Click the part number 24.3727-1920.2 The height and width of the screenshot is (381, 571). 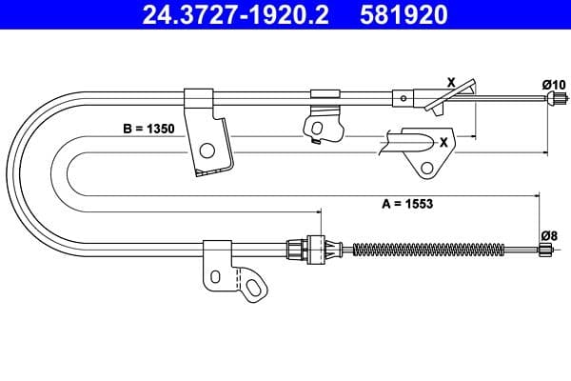pyautogui.click(x=236, y=14)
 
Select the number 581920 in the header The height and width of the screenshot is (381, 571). pyautogui.click(x=404, y=14)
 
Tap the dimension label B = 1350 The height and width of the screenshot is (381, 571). pyautogui.click(x=149, y=129)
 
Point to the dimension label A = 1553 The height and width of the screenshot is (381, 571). pyautogui.click(x=407, y=204)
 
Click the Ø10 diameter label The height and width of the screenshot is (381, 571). pyautogui.click(x=554, y=85)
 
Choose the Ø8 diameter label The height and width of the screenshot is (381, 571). pyautogui.click(x=549, y=236)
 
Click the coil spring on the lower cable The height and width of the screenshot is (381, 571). pyautogui.click(x=429, y=250)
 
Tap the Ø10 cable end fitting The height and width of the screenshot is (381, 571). pyautogui.click(x=556, y=98)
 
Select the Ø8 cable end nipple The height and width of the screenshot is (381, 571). pyautogui.click(x=544, y=250)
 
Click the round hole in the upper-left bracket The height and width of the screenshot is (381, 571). pyautogui.click(x=207, y=150)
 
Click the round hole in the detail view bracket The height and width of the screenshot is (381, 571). pyautogui.click(x=426, y=168)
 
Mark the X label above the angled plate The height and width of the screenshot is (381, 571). pyautogui.click(x=451, y=83)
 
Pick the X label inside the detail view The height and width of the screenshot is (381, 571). pyautogui.click(x=443, y=142)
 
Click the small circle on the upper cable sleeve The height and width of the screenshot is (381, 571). pyautogui.click(x=404, y=98)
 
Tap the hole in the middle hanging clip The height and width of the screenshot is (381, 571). pyautogui.click(x=317, y=128)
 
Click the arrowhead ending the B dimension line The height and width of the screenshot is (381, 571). pyautogui.click(x=473, y=136)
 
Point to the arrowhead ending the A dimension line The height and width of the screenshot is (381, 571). pyautogui.click(x=536, y=196)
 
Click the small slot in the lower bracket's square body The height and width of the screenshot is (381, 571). pyautogui.click(x=216, y=277)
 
